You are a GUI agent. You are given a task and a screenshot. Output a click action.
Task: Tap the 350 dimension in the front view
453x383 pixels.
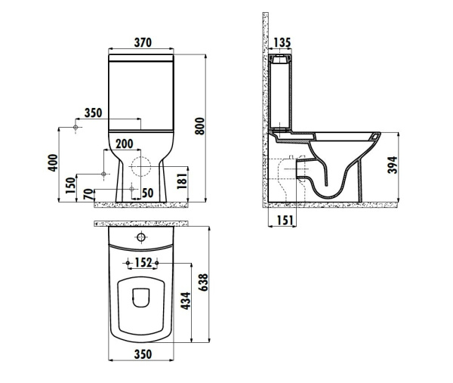click(x=93, y=113)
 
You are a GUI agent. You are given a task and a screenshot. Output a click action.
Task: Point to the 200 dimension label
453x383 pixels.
click(x=125, y=144)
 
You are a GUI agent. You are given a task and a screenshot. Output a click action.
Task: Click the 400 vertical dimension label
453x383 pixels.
click(x=52, y=163)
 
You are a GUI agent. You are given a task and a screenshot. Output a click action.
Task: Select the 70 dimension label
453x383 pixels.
click(x=89, y=194)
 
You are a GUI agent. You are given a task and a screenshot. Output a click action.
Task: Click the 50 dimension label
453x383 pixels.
click(x=147, y=193)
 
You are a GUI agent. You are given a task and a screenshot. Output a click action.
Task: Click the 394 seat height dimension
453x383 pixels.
click(x=391, y=167)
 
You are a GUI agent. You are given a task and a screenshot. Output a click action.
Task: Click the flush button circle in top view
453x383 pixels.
click(x=140, y=238)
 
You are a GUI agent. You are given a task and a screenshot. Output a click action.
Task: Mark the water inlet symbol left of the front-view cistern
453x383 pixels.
click(x=76, y=129)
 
